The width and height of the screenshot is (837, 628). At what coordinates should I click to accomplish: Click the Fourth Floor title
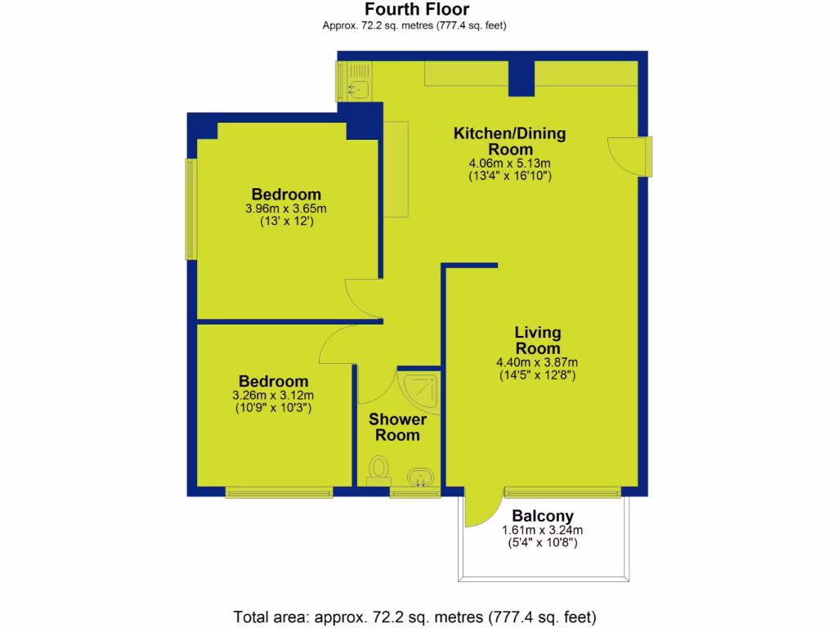417,10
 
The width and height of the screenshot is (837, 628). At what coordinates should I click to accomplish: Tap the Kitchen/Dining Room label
510,141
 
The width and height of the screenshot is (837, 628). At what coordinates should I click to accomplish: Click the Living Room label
537,340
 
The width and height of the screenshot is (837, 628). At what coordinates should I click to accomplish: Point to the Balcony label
543,516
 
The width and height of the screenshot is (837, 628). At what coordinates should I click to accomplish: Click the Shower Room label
397,427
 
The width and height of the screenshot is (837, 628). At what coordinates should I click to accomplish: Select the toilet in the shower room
378,471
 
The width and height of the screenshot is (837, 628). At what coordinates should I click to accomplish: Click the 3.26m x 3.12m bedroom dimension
273,396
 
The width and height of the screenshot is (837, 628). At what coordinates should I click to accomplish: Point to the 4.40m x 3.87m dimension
537,363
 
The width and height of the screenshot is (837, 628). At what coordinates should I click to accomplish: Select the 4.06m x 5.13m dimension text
510,163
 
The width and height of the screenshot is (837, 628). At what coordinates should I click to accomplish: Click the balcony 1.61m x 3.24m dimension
543,530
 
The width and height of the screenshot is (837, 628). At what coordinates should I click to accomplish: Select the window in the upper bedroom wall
191,209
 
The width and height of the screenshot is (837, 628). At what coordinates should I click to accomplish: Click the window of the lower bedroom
280,491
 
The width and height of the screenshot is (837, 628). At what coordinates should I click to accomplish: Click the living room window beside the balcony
562,491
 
